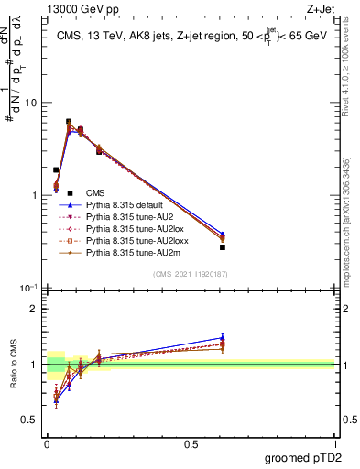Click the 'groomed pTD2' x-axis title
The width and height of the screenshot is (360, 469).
[x=304, y=457]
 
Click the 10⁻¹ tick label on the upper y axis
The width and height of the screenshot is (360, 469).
[x=29, y=289]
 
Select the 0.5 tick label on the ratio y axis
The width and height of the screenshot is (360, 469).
[x=30, y=420]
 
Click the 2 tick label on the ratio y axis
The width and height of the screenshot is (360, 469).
[x=35, y=309]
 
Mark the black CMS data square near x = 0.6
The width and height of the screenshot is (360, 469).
[x=223, y=247]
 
